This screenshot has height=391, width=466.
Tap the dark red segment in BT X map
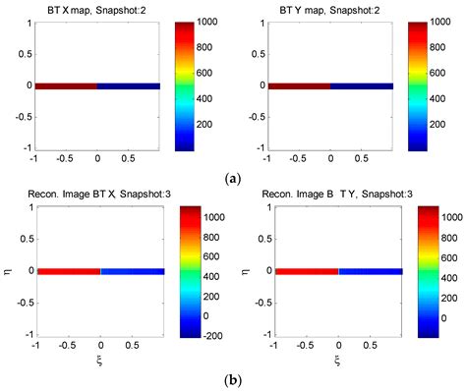[66, 86]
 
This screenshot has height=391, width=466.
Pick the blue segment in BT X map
[128, 86]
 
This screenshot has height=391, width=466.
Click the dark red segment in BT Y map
[299, 86]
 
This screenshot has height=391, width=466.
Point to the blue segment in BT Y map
[361, 86]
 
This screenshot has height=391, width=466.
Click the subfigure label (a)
[232, 178]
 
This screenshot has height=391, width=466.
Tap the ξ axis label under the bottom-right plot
[338, 359]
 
